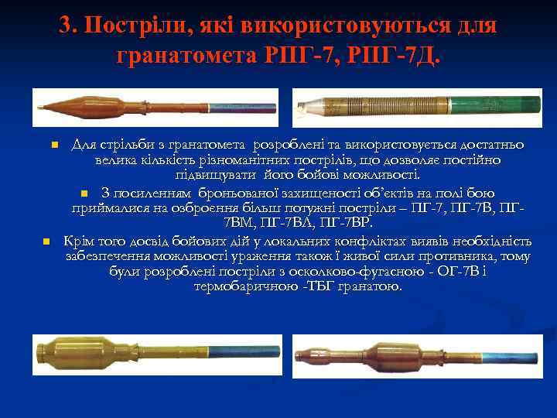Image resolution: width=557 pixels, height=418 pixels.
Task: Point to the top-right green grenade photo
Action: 418,108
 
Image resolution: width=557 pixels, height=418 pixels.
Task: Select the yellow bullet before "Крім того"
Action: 46,241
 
